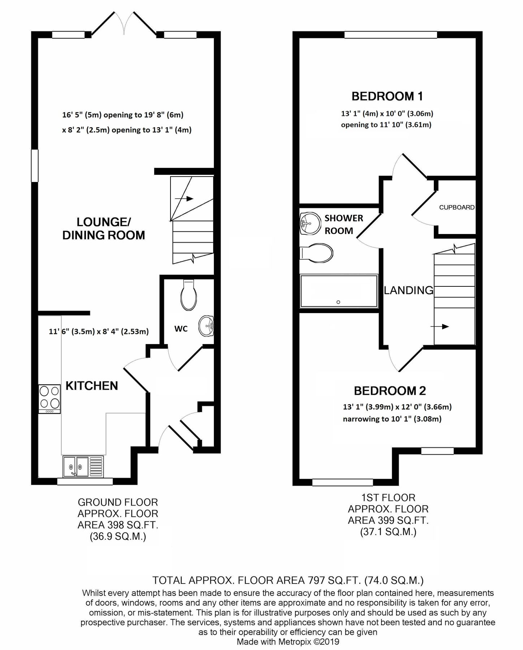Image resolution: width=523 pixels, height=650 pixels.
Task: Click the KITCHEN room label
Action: point(92,386)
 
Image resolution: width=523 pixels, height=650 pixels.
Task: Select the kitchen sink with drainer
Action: point(83,466)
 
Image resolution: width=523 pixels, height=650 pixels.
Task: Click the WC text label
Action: point(181,329)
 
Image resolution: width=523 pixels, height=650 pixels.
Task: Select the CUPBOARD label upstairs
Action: point(457,207)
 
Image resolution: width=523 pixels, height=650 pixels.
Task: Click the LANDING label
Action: point(408,290)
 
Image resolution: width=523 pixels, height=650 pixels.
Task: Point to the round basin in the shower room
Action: point(310,224)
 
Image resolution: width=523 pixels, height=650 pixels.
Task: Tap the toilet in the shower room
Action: point(316,253)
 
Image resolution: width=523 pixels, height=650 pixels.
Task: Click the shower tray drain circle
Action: point(338,302)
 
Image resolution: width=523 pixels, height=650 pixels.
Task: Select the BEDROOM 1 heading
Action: point(387,96)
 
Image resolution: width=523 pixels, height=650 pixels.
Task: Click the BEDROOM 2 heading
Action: point(390,391)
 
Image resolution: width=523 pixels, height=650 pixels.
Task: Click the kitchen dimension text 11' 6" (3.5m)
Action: point(71,331)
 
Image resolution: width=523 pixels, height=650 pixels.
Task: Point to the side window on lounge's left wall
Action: point(35,166)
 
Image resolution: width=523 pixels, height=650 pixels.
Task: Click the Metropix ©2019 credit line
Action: point(288,642)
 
